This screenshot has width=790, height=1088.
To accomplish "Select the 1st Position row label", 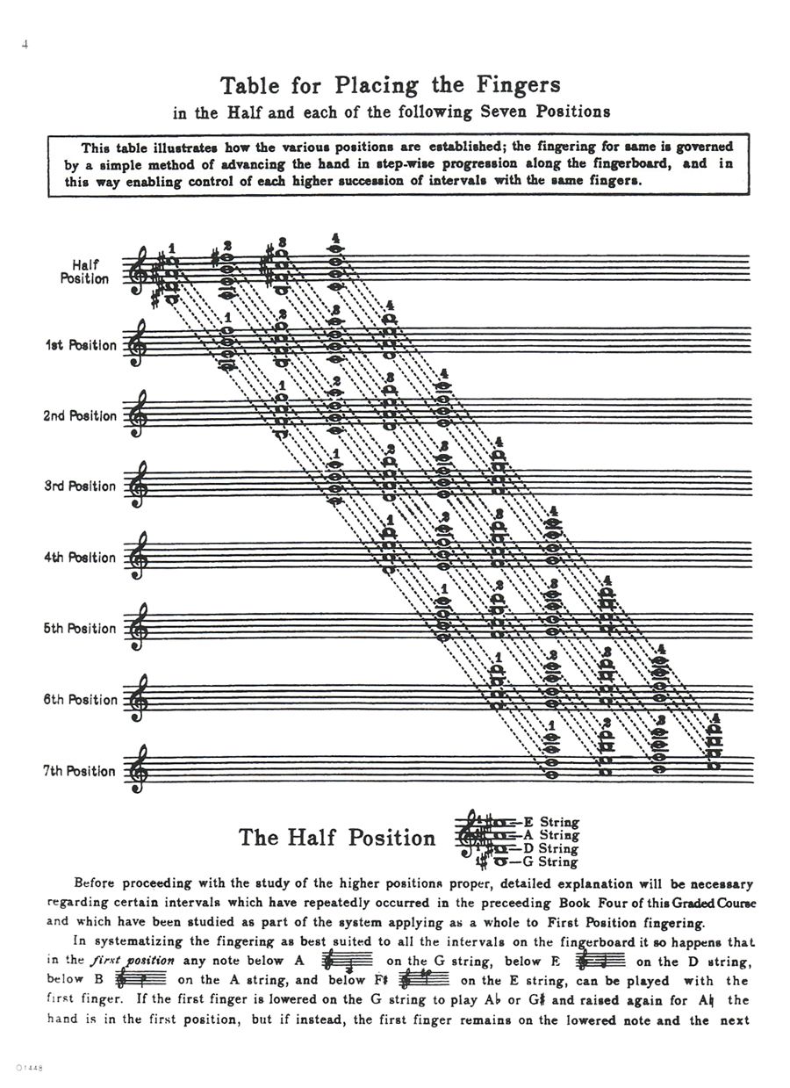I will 80,345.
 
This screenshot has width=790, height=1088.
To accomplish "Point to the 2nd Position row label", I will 80,415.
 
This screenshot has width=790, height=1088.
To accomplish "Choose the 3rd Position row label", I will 80,486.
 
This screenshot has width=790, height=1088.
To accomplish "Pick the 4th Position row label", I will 80,557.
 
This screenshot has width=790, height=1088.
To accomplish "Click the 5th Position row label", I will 80,628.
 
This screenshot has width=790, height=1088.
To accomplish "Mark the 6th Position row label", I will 80,699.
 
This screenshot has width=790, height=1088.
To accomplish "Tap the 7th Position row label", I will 80,770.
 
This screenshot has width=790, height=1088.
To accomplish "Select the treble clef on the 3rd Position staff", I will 136,485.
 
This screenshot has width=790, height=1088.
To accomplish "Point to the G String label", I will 550,862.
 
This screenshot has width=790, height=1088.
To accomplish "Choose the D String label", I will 550,849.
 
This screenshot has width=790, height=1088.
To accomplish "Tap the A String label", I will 550,836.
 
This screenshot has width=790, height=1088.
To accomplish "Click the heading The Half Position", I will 337,837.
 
